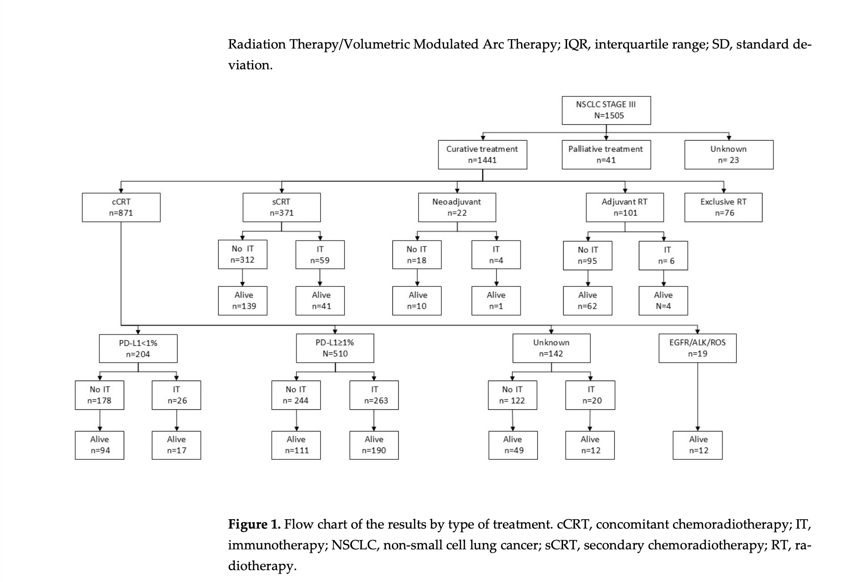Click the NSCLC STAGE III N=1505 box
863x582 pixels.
click(606, 110)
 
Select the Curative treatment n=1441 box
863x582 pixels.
click(482, 154)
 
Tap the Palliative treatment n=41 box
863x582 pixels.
click(606, 154)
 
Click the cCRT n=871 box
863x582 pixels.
click(121, 207)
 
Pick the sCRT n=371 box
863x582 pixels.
click(281, 207)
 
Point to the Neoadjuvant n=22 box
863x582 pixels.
click(457, 207)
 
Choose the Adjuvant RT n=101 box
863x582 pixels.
click(624, 207)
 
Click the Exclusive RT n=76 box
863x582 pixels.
click(723, 207)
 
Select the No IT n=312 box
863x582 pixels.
click(242, 254)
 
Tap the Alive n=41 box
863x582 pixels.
click(320, 300)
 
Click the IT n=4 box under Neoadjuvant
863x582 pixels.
click(496, 254)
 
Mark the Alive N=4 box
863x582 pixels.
click(663, 300)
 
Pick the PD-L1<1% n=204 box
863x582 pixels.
click(138, 348)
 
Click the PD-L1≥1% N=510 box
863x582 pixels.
click(335, 348)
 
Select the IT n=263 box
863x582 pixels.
click(374, 395)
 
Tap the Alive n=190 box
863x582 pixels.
click(374, 445)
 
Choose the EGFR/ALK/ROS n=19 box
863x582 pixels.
click(697, 348)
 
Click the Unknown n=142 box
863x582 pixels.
click(551, 348)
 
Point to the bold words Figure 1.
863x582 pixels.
click(254, 524)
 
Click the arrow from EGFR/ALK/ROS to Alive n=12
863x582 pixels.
click(698, 396)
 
